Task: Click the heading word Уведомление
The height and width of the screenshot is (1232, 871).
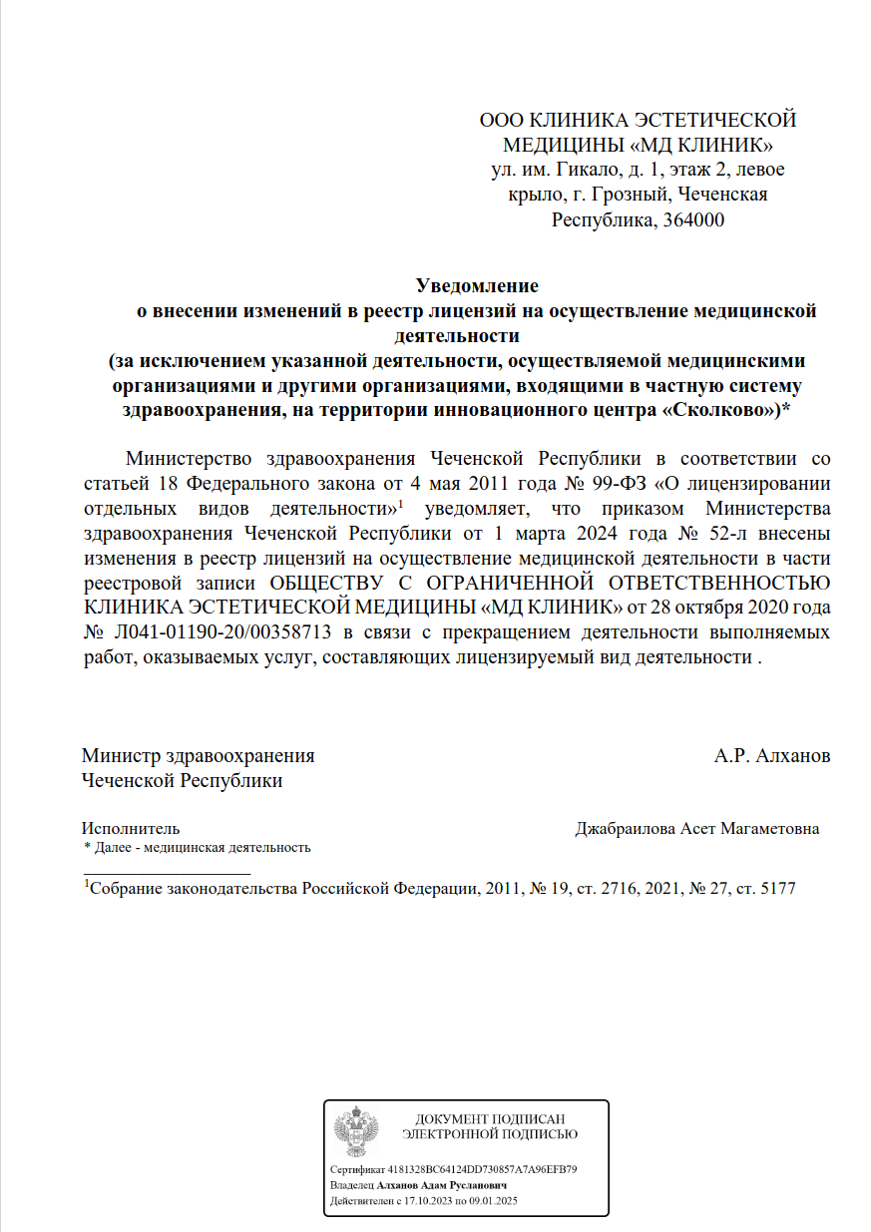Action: click(476, 286)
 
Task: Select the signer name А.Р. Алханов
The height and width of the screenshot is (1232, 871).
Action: click(771, 756)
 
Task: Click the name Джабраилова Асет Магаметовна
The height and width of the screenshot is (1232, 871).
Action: click(697, 829)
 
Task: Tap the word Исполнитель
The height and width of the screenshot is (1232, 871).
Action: click(131, 829)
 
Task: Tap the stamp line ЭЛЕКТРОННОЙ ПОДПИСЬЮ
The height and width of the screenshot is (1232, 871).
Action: click(489, 1134)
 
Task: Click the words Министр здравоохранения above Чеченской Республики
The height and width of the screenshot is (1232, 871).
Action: click(198, 756)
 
